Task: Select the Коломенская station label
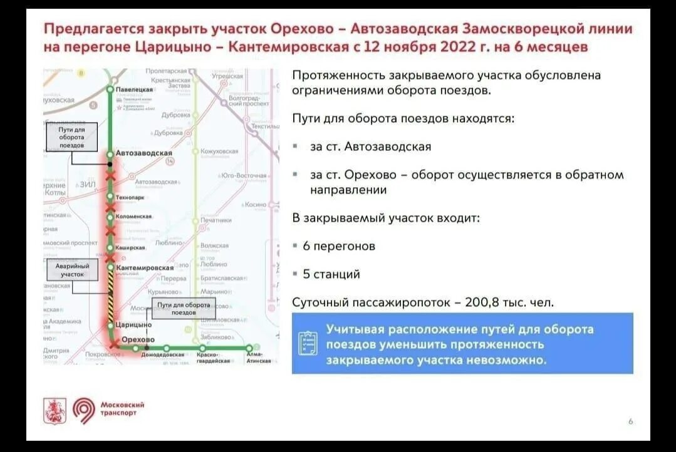pyautogui.click(x=134, y=217)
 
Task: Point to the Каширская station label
pyautogui.click(x=130, y=248)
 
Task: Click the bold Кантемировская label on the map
pyautogui.click(x=145, y=268)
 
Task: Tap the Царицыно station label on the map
pyautogui.click(x=134, y=325)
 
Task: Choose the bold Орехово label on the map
pyautogui.click(x=138, y=339)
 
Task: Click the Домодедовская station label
pyautogui.click(x=162, y=355)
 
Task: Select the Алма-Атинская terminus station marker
pyautogui.click(x=249, y=348)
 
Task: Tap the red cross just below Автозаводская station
pyautogui.click(x=111, y=177)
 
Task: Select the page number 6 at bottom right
pyautogui.click(x=630, y=421)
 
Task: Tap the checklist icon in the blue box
pyautogui.click(x=308, y=343)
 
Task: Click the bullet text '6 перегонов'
pyautogui.click(x=339, y=246)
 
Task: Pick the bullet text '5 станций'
pyautogui.click(x=331, y=274)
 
